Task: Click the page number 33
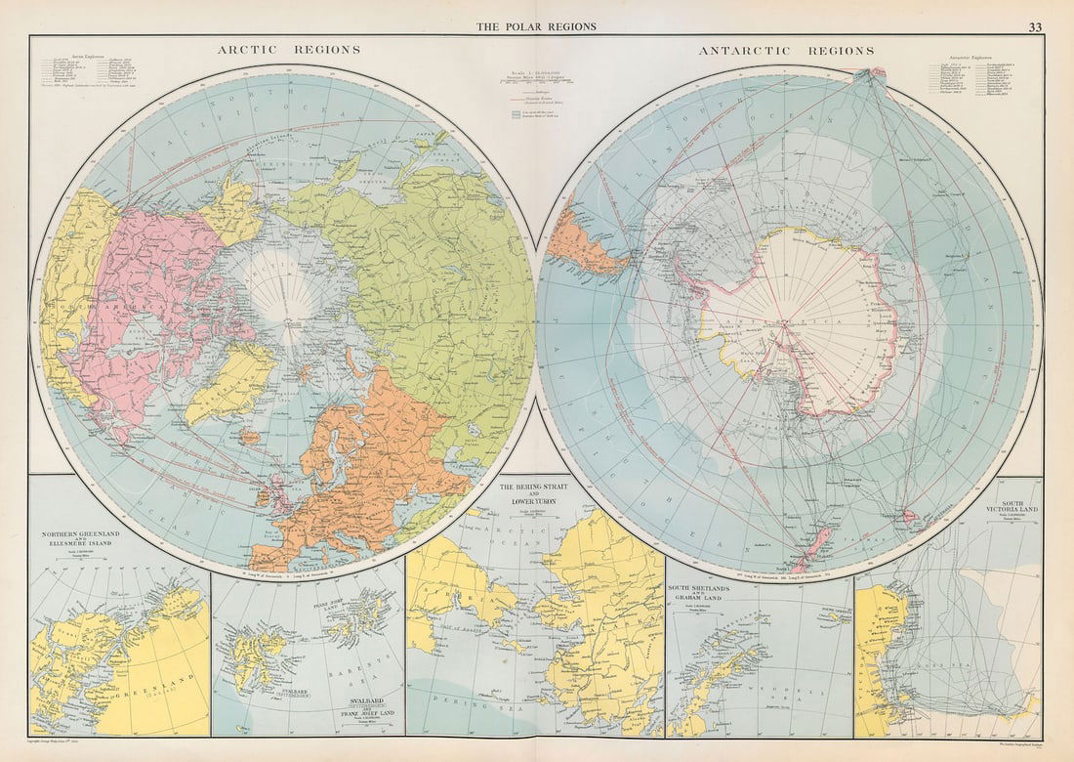tap(1034, 26)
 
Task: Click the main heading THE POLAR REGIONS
tap(536, 26)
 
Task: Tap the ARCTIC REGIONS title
tap(288, 50)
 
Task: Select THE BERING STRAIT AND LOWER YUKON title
tap(534, 493)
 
